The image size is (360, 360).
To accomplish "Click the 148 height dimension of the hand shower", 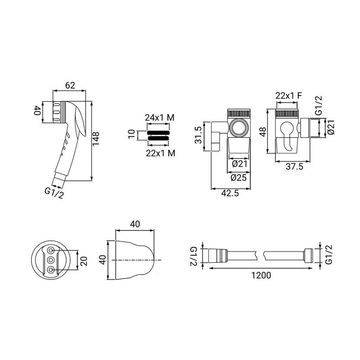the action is click(96, 139).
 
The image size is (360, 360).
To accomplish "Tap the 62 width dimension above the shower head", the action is click(70, 85).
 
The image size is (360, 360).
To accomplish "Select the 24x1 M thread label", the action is click(160, 117).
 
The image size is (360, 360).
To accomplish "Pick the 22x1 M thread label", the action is click(161, 153).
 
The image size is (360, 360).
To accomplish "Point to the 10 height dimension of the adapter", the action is click(131, 134).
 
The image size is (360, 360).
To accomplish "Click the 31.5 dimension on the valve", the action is click(198, 135).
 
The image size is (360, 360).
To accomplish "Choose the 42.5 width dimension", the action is click(230, 193).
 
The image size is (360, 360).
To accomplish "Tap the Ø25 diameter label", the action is click(238, 178).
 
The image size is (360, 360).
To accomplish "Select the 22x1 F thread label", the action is click(289, 95).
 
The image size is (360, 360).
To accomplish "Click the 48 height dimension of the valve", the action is click(263, 131).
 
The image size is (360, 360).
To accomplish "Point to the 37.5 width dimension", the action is click(295, 166).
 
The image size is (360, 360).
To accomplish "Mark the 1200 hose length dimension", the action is click(261, 275).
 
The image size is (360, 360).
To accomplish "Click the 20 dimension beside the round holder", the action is click(84, 261).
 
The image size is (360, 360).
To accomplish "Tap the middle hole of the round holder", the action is click(50, 260).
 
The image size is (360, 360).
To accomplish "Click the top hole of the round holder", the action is click(50, 250).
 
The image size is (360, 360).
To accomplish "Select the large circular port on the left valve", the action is click(239, 127).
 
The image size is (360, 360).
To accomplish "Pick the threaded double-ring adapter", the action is click(158, 136).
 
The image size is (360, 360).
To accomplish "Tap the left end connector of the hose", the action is click(218, 255).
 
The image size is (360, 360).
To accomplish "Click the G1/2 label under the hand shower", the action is click(54, 193).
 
